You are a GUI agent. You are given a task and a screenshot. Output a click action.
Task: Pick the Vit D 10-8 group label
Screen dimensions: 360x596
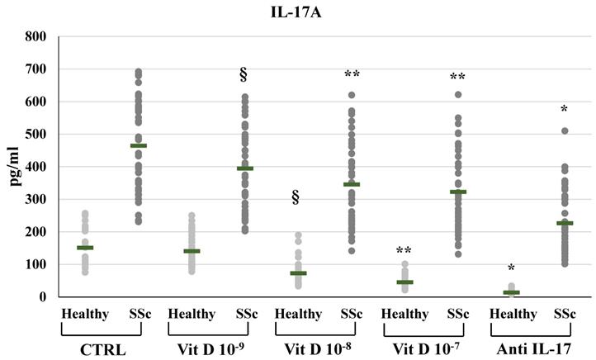317,348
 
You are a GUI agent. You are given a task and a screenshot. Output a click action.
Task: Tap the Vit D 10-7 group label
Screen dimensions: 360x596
423,348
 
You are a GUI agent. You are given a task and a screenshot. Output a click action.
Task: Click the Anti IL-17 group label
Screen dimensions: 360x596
530,348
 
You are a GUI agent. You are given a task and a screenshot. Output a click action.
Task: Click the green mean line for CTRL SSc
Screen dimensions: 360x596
138,146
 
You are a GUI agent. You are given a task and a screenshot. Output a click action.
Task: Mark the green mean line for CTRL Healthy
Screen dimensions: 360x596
85,248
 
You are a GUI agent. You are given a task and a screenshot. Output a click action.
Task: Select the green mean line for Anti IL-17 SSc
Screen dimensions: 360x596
565,223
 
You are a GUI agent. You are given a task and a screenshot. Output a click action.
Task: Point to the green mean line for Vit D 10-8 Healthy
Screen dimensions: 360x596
298,272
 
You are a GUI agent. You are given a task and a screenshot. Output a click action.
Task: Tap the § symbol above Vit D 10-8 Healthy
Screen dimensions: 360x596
296,197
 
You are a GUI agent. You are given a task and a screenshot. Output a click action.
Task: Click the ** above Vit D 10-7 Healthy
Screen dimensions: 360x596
404,250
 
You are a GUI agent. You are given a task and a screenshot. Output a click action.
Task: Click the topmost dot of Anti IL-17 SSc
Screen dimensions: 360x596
565,130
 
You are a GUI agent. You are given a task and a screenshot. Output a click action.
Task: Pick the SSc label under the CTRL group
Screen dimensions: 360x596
138,315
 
